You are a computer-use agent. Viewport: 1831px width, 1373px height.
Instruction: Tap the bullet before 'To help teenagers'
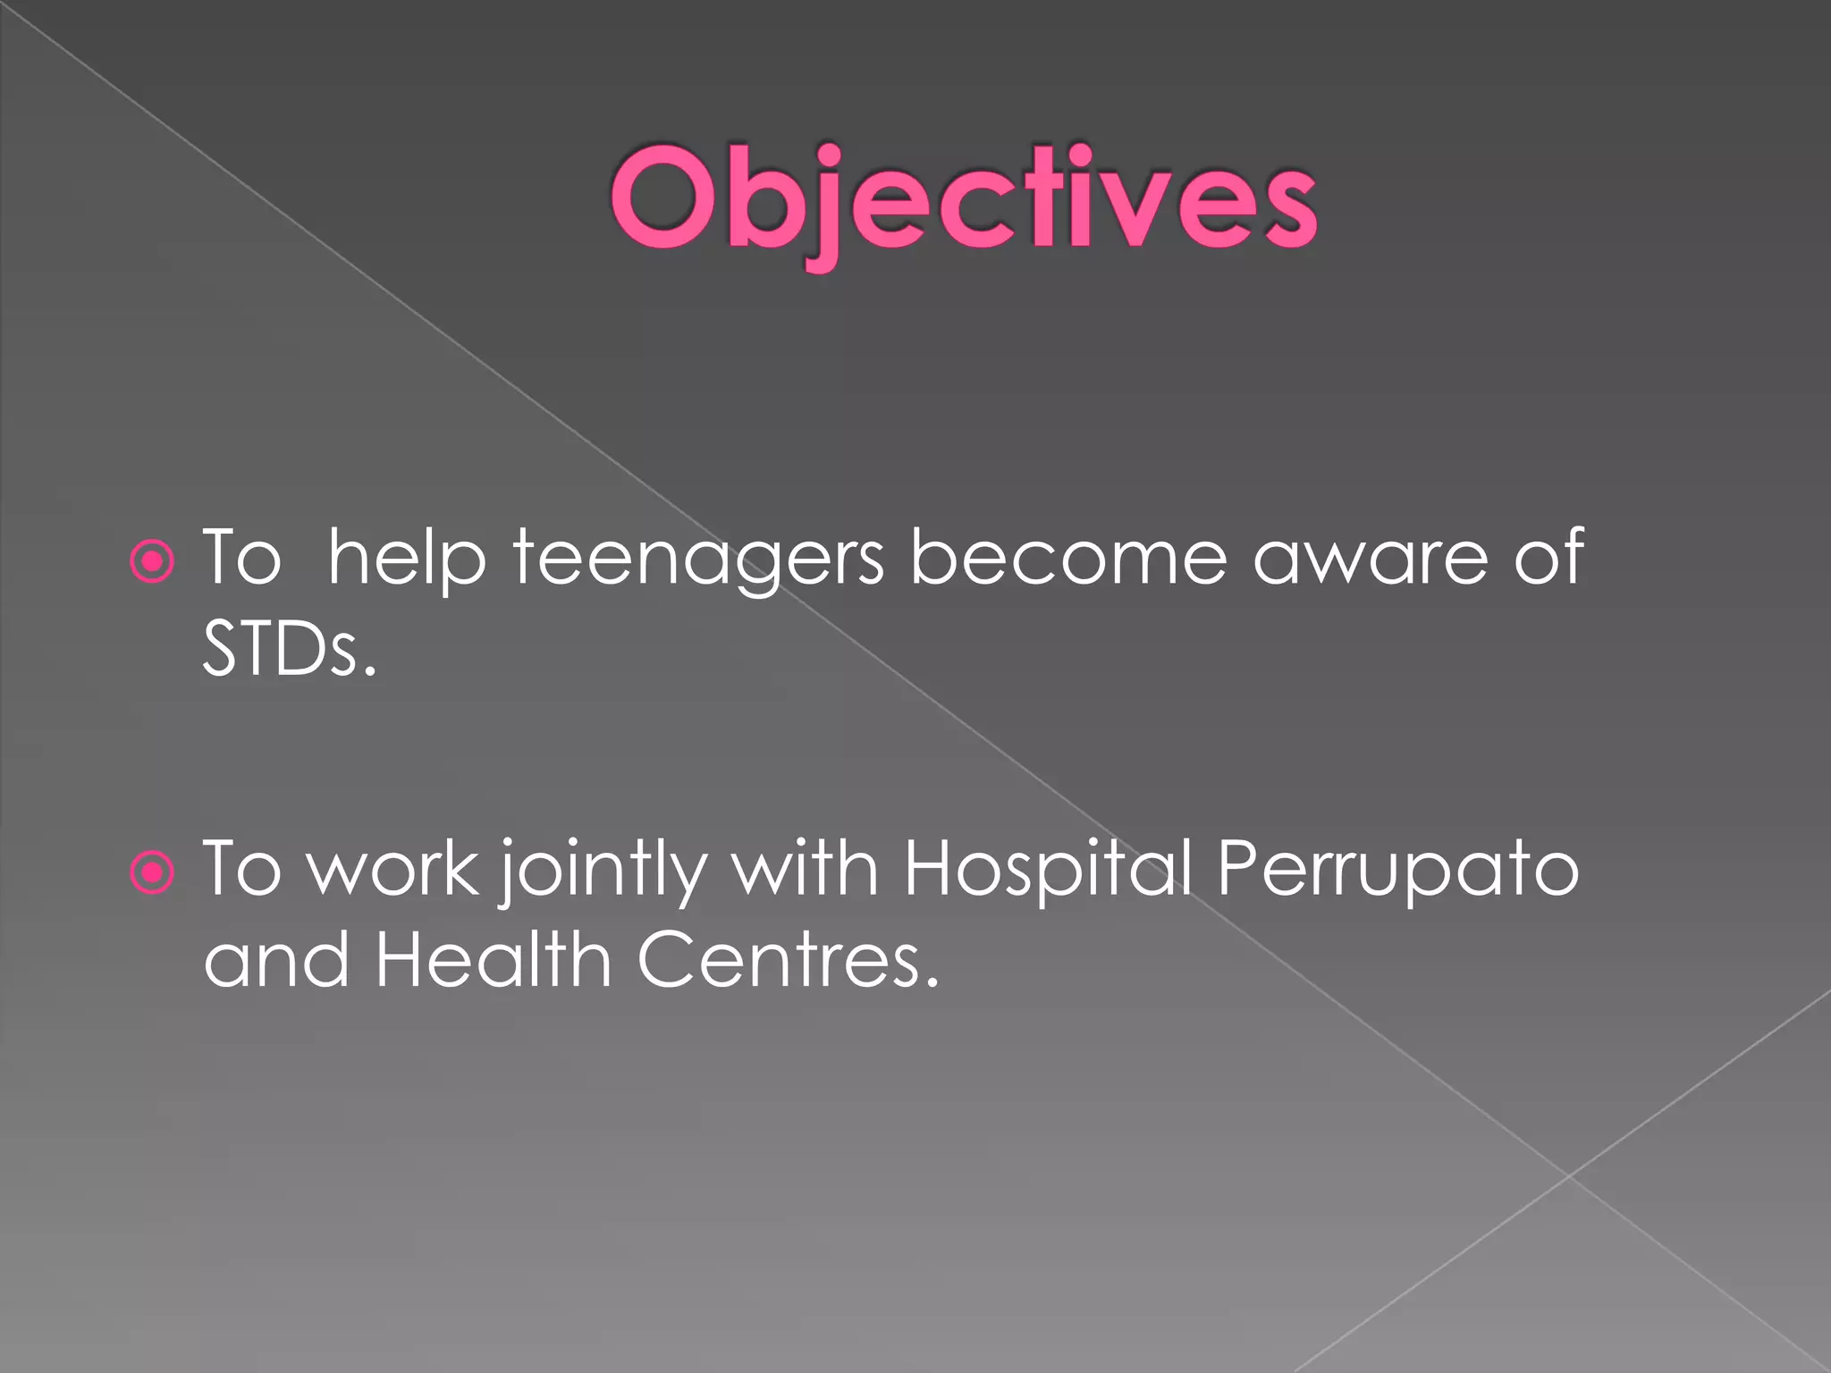152,561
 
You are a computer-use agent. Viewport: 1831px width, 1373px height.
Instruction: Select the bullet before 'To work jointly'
152,872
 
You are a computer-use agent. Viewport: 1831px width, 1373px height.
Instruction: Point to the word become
1068,559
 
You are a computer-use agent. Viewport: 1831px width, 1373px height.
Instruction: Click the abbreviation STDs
290,649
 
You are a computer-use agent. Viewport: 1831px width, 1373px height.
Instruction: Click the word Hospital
1047,870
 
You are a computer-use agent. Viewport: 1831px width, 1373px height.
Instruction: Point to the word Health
493,960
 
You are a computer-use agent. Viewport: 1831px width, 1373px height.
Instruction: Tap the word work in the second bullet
392,870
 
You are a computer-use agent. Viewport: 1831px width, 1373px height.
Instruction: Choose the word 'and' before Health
276,960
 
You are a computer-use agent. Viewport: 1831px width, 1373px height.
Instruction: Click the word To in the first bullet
242,559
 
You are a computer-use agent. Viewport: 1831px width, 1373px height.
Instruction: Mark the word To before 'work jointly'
242,870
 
